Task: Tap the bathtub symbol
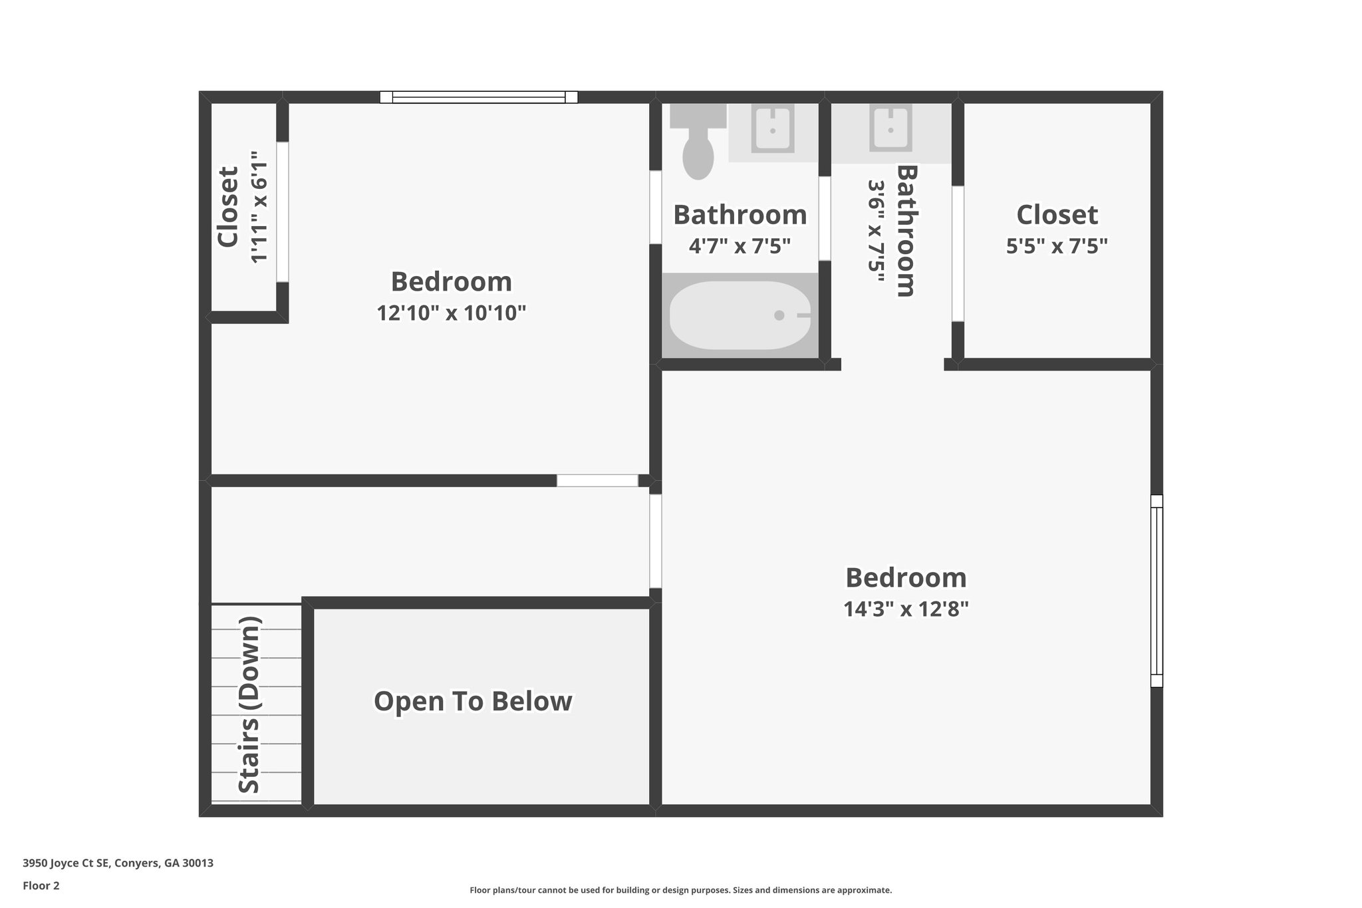coord(740,315)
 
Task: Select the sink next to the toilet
coord(772,130)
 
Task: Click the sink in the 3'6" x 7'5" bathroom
coord(890,130)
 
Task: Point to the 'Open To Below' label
coord(473,701)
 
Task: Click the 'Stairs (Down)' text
coord(249,705)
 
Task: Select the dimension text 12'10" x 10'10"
coord(451,313)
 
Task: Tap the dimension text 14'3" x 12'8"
coord(906,609)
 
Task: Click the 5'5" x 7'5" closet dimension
coord(1056,246)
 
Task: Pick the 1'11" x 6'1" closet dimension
coord(259,207)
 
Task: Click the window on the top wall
coord(478,97)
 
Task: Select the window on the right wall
coord(1157,591)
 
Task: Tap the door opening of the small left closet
coord(283,212)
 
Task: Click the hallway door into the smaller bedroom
coord(597,480)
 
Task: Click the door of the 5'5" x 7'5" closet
coord(958,253)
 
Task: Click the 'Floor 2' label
coord(41,885)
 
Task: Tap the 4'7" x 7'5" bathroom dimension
coord(740,246)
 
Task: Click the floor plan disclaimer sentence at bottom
coord(680,890)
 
